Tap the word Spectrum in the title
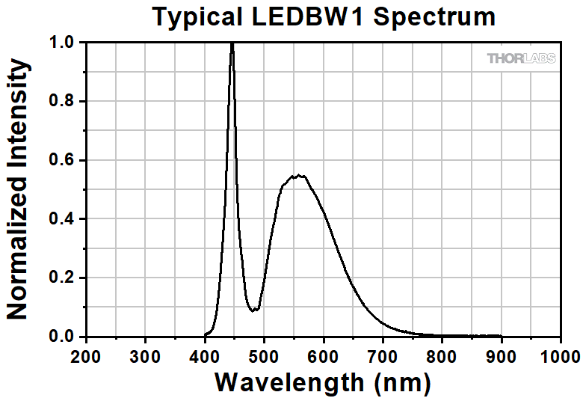pyautogui.click(x=434, y=16)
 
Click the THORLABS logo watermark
pyautogui.click(x=521, y=58)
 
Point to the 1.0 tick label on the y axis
pyautogui.click(x=64, y=43)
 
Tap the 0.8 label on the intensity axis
pyautogui.click(x=64, y=102)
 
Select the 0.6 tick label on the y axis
pyautogui.click(x=64, y=161)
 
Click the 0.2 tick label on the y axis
pyautogui.click(x=64, y=278)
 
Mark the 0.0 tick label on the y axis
pyautogui.click(x=64, y=337)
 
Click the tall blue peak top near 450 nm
pyautogui.click(x=232, y=44)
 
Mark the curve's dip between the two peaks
pyautogui.click(x=255, y=310)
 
